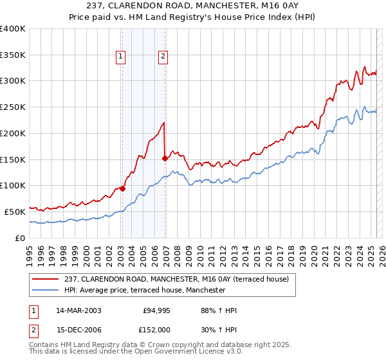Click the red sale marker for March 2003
pos(122,188)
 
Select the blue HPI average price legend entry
pos(145,291)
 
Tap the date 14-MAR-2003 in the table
pos(79,310)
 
